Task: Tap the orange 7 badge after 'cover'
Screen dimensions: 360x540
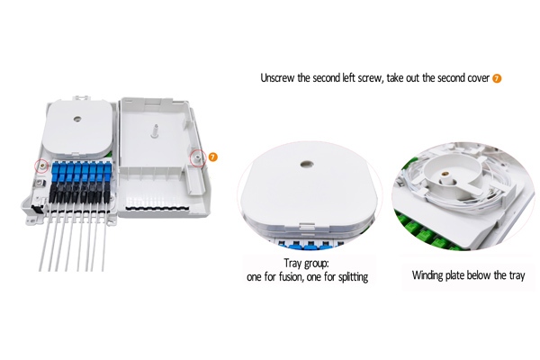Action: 498,78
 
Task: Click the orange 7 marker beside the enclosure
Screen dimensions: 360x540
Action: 213,157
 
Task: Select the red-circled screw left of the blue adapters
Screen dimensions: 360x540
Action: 40,166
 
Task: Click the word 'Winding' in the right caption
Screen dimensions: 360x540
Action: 431,274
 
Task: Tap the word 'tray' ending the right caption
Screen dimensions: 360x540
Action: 516,274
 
